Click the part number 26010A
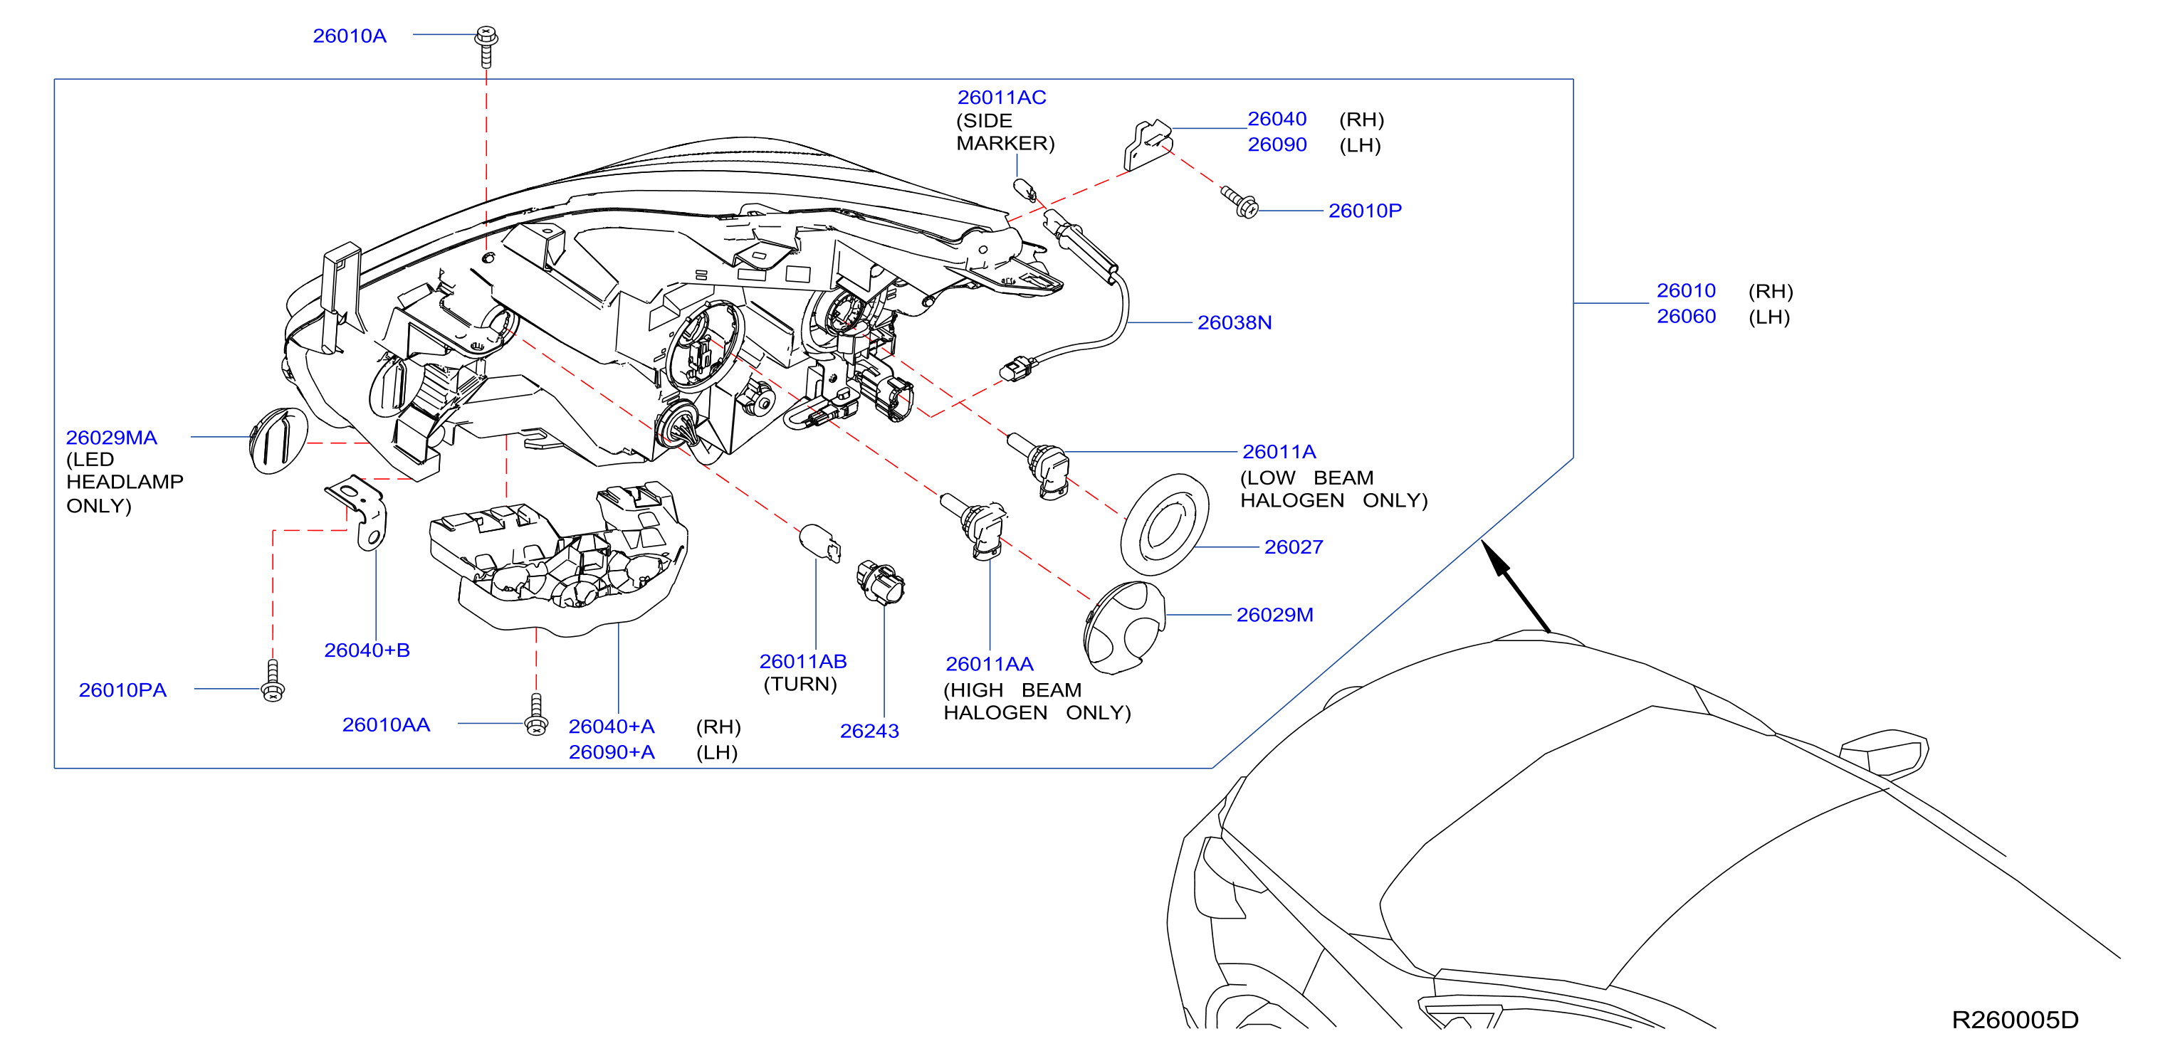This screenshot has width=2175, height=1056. point(350,36)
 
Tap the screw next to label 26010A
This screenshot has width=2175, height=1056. point(486,46)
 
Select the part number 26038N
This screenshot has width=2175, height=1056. point(1235,322)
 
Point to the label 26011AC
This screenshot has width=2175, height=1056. point(1002,98)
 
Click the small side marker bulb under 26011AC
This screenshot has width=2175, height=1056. point(1025,190)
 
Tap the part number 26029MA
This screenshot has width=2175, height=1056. point(112,437)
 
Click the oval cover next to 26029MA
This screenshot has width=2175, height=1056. point(278,440)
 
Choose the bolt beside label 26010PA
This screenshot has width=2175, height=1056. point(273,680)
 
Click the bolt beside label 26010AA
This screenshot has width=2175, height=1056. point(536,715)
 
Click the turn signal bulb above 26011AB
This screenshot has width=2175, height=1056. point(819,543)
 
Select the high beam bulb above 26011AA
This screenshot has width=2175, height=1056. point(975,525)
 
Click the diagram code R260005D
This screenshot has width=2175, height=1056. point(2016,1020)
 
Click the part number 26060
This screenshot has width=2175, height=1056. point(1686,317)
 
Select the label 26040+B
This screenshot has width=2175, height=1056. point(367,650)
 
